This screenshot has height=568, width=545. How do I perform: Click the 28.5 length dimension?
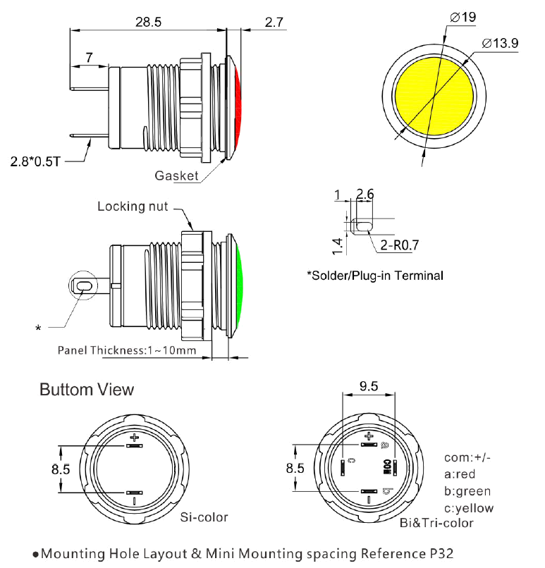pyautogui.click(x=148, y=22)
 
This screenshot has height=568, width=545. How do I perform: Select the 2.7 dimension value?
pyautogui.click(x=274, y=22)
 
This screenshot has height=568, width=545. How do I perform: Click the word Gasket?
pyautogui.click(x=177, y=175)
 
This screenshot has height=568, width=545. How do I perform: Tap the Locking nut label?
pyautogui.click(x=133, y=206)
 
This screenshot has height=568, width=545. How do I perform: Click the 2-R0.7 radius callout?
pyautogui.click(x=399, y=246)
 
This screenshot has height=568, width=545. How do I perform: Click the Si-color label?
pyautogui.click(x=204, y=517)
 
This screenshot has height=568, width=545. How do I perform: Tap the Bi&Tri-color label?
pyautogui.click(x=436, y=522)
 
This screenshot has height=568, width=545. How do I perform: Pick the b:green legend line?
pyautogui.click(x=467, y=491)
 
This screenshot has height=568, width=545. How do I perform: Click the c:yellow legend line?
pyautogui.click(x=469, y=508)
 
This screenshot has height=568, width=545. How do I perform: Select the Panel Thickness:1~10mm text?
pyautogui.click(x=126, y=350)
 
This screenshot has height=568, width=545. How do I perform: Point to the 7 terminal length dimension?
pyautogui.click(x=90, y=57)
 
